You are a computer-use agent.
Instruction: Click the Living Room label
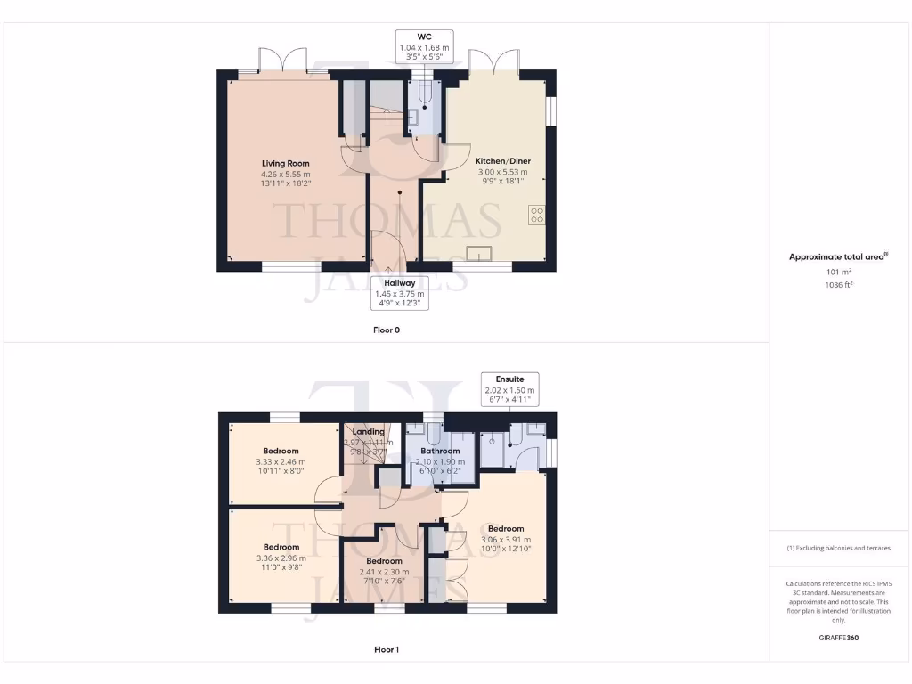click(x=285, y=163)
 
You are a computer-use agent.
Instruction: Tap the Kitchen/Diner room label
click(x=502, y=161)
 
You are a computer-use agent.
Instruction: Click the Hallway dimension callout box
click(x=399, y=293)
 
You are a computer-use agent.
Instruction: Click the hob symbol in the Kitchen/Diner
click(x=537, y=215)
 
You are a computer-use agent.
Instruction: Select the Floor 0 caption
click(x=386, y=330)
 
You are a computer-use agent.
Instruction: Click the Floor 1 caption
click(x=386, y=649)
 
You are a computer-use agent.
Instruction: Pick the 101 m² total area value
click(x=838, y=273)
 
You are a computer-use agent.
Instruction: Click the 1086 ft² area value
click(x=838, y=286)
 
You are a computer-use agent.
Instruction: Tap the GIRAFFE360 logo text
click(x=838, y=638)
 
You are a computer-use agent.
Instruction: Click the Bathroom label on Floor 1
click(x=440, y=452)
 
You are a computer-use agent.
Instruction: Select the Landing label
click(x=368, y=432)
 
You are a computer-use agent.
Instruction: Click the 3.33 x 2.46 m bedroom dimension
click(x=281, y=462)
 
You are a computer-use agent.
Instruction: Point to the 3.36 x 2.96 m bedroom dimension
click(x=281, y=558)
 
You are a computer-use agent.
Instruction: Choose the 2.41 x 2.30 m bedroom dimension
click(x=384, y=572)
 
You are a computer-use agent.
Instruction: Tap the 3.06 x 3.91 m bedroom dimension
click(x=505, y=539)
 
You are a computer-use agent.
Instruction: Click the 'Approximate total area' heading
click(x=838, y=256)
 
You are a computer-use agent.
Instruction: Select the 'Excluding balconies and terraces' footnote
click(x=838, y=548)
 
